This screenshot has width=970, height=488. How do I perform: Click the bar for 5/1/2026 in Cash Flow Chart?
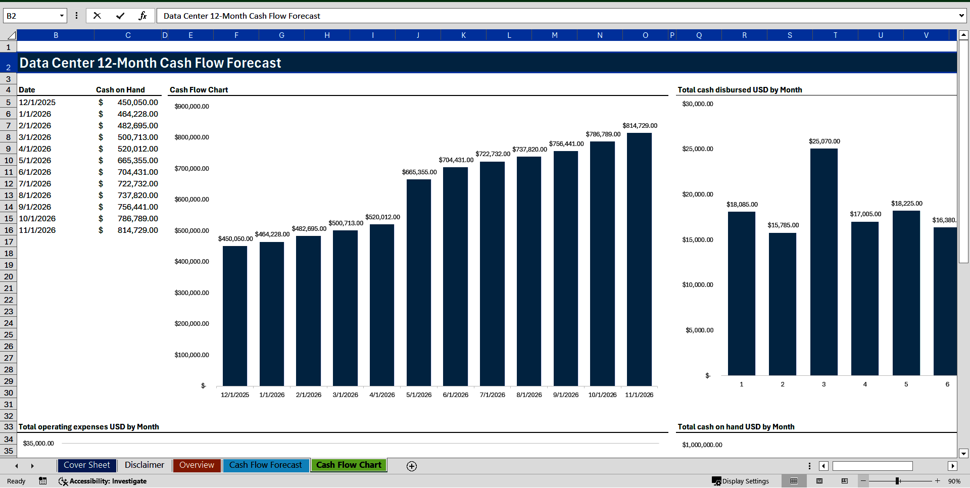click(419, 283)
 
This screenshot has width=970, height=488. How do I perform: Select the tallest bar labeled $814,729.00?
click(639, 260)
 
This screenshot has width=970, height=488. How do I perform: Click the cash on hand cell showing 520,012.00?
click(137, 149)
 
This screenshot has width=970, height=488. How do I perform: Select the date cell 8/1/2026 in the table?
click(35, 196)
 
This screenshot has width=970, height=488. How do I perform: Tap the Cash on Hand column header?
click(120, 90)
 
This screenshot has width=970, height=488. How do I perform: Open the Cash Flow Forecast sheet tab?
click(265, 465)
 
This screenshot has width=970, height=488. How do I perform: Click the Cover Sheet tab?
click(86, 465)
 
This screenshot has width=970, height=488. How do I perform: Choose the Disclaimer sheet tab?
click(144, 465)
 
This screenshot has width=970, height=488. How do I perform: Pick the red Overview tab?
click(197, 465)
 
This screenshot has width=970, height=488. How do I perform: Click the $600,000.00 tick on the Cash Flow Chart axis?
click(191, 200)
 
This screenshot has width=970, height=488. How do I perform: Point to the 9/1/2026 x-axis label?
click(566, 395)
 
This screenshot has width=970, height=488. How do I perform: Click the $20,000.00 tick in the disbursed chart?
click(698, 194)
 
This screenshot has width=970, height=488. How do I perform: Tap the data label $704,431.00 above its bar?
click(456, 160)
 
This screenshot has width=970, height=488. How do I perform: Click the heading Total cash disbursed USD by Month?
click(740, 90)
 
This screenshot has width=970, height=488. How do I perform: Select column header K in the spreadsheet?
click(463, 35)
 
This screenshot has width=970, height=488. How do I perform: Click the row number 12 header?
click(9, 184)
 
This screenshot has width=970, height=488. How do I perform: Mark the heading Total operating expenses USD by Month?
click(89, 427)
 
